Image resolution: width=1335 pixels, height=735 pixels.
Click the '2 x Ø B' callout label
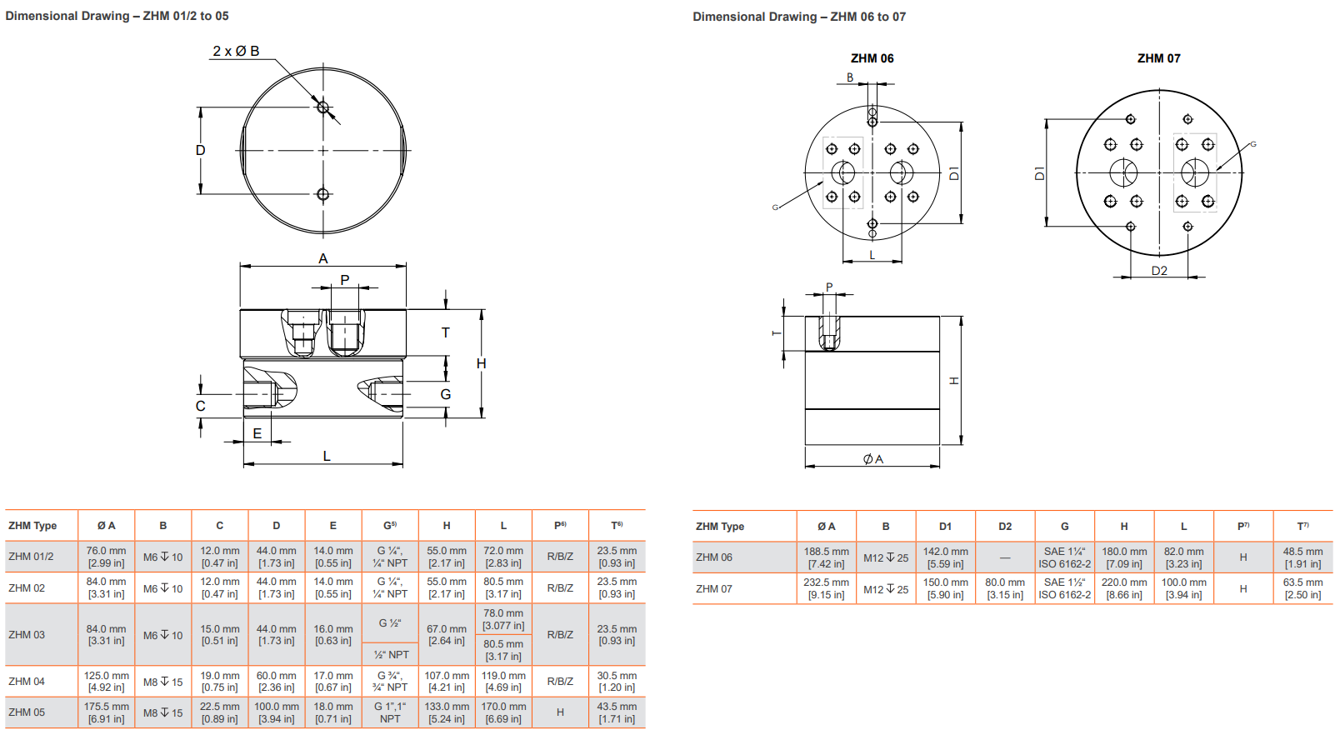tap(236, 51)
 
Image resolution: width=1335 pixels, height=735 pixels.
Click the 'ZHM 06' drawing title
tap(872, 58)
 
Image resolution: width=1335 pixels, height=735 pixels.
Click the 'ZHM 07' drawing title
tap(1158, 58)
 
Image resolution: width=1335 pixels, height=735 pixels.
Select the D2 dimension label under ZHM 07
tap(1159, 271)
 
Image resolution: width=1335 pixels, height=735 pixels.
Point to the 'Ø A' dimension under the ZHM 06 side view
tap(872, 459)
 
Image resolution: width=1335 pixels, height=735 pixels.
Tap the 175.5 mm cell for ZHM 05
tap(107, 712)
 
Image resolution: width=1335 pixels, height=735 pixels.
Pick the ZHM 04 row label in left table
tap(27, 682)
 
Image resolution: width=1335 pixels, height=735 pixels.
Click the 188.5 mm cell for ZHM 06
tap(826, 557)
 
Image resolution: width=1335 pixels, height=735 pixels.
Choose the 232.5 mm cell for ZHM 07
tap(826, 588)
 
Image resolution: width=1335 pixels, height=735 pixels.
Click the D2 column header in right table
tap(1005, 527)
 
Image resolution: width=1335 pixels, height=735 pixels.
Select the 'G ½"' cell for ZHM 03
tap(390, 623)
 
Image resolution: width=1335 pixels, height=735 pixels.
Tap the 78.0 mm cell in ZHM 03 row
tap(503, 619)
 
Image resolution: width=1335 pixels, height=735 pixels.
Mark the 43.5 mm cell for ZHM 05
tap(617, 712)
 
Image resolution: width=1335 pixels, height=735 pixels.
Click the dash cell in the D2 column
tap(1005, 557)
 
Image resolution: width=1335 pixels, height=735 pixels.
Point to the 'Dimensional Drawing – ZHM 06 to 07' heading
tap(799, 17)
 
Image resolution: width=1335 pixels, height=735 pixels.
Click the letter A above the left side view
tap(323, 259)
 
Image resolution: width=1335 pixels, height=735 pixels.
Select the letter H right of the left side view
tap(481, 363)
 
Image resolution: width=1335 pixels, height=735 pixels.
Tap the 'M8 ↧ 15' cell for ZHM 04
tap(163, 682)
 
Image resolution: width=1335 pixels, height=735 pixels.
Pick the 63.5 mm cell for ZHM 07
tap(1302, 588)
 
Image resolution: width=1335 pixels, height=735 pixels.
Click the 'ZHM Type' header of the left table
tap(33, 526)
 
